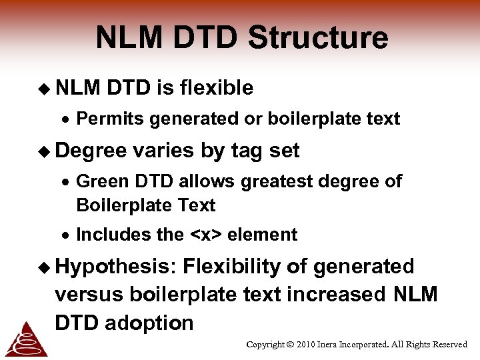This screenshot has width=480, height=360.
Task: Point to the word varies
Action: tap(163, 151)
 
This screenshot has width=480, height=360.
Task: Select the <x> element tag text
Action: tap(205, 235)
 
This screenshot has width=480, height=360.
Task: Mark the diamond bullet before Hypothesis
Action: tap(44, 267)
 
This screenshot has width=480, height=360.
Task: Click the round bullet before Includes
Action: tap(68, 235)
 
